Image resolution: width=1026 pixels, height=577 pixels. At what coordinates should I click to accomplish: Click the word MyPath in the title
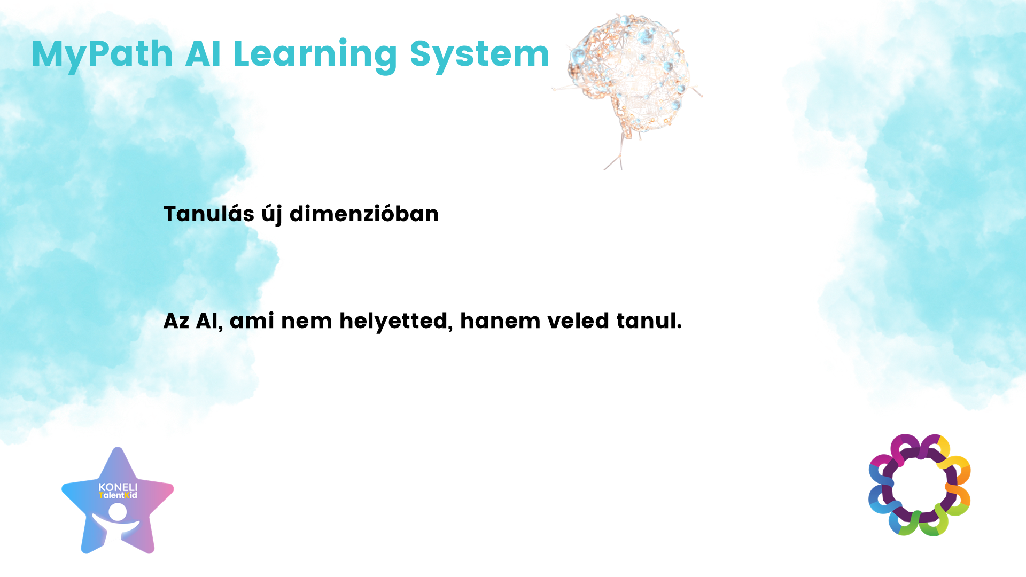pos(102,55)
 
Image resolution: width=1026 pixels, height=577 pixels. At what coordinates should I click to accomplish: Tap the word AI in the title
pos(203,54)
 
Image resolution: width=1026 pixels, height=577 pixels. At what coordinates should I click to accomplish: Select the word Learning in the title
pos(316,55)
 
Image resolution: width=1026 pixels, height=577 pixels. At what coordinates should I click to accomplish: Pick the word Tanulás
pos(209,214)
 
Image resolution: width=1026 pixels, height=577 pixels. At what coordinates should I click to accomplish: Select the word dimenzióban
pos(364,214)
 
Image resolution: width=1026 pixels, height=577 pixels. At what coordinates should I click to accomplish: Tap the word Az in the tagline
pos(176,321)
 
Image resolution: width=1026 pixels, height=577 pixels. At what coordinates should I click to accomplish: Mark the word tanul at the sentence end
pos(647,321)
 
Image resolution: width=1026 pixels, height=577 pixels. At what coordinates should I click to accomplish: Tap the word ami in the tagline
pos(252,321)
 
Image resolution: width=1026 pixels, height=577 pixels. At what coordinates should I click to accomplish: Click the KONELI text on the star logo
pos(118,487)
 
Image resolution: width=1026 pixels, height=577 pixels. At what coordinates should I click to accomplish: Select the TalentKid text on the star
pos(118,495)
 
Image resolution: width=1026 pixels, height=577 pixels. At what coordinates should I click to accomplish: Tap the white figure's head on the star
pos(118,512)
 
